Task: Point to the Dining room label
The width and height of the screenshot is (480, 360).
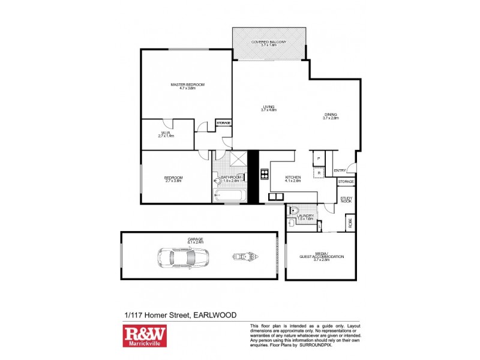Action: click(331, 116)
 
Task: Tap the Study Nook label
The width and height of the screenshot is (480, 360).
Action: click(346, 199)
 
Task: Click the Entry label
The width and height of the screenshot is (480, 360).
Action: click(340, 170)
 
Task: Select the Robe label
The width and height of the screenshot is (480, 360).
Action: click(349, 223)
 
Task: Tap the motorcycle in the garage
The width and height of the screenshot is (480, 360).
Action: click(243, 257)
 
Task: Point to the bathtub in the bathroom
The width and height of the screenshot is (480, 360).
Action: click(230, 195)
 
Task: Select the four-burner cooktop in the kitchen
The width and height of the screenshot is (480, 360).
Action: click(264, 175)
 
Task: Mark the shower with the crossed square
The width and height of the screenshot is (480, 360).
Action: click(236, 160)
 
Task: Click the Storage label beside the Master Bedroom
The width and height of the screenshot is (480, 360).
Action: click(223, 123)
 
